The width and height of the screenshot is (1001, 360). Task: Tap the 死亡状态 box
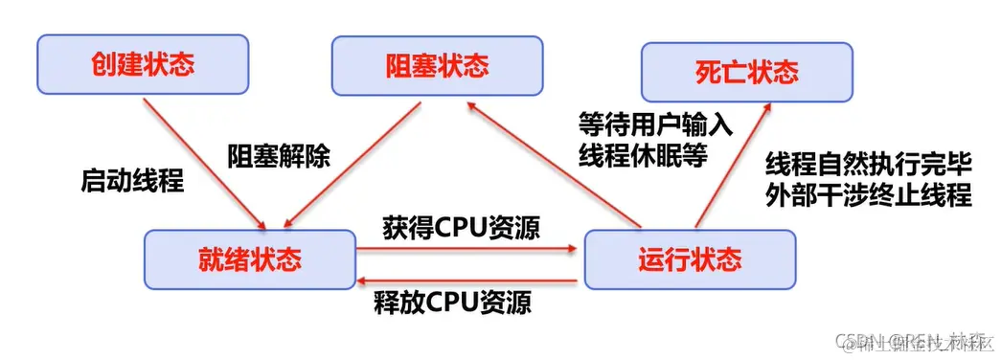[746, 73]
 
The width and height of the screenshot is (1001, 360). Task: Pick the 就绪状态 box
[250, 259]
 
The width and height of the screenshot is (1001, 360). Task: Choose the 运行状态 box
[689, 259]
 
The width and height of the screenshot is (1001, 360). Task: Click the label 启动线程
[131, 181]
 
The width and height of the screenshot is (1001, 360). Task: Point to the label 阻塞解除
[279, 155]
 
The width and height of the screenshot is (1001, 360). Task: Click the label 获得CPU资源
[460, 227]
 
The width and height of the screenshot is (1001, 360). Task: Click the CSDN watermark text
[910, 341]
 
